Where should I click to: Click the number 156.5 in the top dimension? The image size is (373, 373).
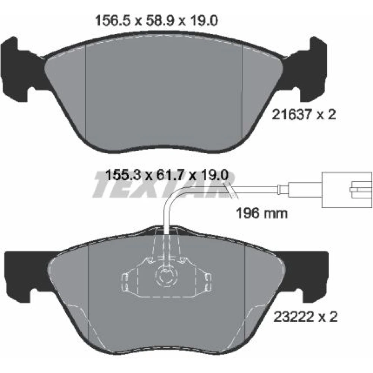pyautogui.click(x=113, y=21)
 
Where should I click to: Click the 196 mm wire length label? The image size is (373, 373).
pyautogui.click(x=262, y=213)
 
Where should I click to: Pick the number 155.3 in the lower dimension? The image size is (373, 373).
pyautogui.click(x=123, y=175)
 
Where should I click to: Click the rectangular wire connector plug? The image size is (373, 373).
pyautogui.click(x=347, y=189)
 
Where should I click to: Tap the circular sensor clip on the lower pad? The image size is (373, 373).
pyautogui.click(x=166, y=276)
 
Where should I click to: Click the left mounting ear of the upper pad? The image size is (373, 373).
pyautogui.click(x=18, y=69)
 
